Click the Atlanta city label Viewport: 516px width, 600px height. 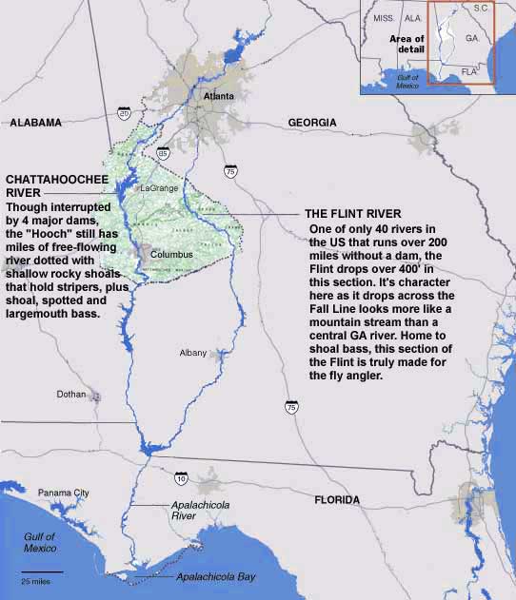(220, 96)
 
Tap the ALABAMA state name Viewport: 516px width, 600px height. (35, 122)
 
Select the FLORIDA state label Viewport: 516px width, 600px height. (338, 499)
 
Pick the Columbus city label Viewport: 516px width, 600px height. (172, 256)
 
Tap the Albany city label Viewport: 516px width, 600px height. (192, 353)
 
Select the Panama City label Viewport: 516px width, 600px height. (63, 493)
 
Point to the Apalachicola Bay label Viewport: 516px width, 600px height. (216, 577)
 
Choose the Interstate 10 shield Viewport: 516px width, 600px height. (180, 473)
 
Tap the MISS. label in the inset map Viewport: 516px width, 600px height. (385, 18)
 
